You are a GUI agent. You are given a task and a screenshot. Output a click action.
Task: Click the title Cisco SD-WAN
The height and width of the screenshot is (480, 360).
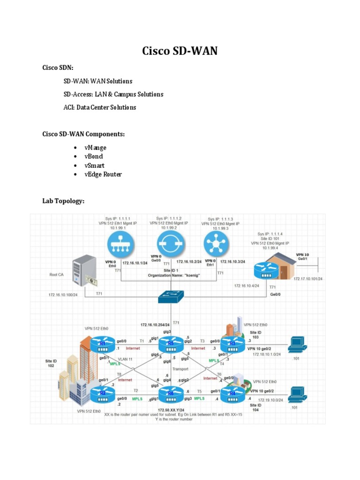180,51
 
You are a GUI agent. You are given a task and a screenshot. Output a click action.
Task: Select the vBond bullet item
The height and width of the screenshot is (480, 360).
94,157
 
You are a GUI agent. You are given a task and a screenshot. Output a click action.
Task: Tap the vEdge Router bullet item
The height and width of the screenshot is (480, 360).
100,174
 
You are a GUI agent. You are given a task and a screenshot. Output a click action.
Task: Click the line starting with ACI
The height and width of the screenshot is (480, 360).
100,107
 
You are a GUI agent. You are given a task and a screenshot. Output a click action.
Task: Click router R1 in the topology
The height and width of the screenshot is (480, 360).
102,346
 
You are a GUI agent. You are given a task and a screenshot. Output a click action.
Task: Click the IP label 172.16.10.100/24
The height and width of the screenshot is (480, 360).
66,295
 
